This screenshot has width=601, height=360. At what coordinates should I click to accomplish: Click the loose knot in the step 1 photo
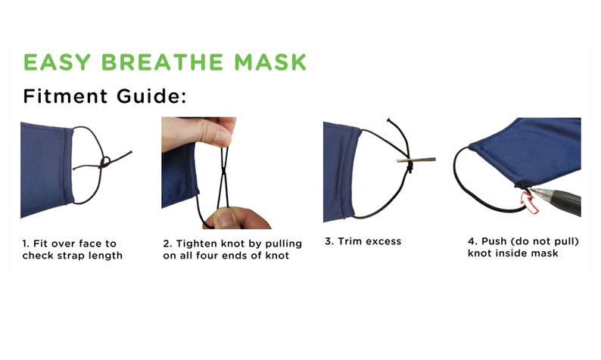pyautogui.click(x=104, y=162)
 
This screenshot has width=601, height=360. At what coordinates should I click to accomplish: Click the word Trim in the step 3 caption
pyautogui.click(x=349, y=242)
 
